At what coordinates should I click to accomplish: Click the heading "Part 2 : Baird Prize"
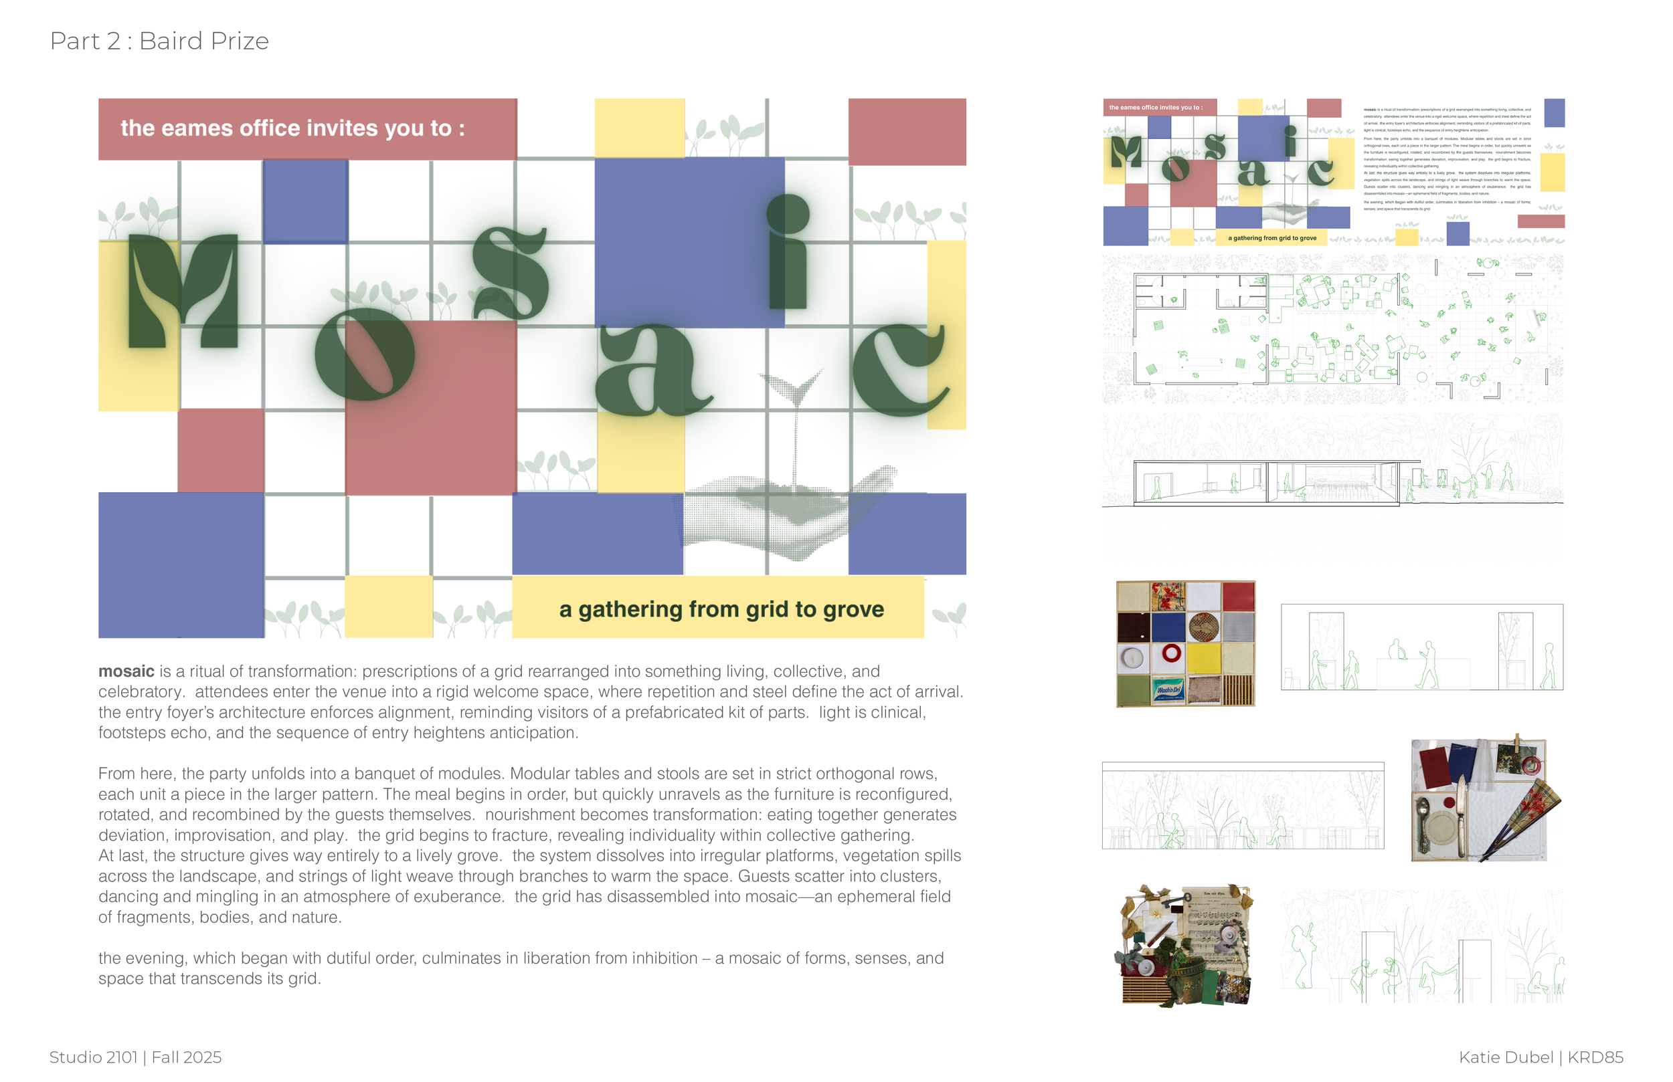159,41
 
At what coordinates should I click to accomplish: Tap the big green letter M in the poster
183,292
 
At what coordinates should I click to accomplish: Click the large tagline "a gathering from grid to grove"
721,609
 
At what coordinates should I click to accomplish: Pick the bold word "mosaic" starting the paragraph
126,671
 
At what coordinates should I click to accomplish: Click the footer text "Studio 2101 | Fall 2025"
135,1057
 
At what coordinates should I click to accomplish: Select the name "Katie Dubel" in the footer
1506,1057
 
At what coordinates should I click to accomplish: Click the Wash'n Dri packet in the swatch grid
1168,690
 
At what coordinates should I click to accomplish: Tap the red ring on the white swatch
1171,653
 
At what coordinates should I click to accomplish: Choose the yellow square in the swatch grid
1203,657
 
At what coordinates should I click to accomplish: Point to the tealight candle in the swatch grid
1132,658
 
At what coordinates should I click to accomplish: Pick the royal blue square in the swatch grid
1168,627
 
